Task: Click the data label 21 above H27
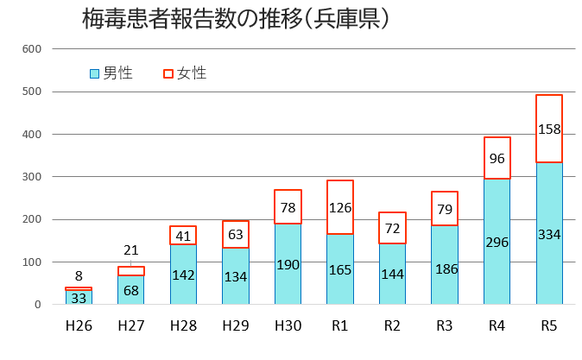click(130, 249)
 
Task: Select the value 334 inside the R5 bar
click(549, 235)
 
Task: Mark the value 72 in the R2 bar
click(392, 229)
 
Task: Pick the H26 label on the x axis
click(79, 325)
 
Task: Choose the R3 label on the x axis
click(445, 325)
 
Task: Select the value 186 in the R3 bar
click(445, 270)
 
